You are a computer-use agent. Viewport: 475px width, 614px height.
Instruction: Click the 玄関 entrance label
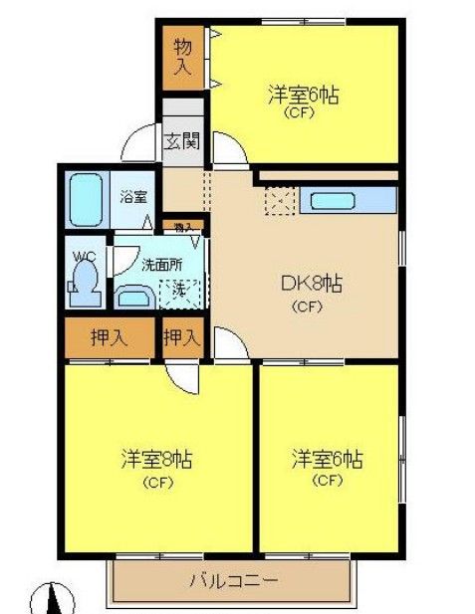pyautogui.click(x=181, y=140)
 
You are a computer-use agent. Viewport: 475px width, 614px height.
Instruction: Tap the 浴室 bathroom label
pyautogui.click(x=131, y=195)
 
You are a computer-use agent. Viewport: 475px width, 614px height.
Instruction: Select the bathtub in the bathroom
pyautogui.click(x=88, y=202)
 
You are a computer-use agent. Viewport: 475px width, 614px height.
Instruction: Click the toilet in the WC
pyautogui.click(x=85, y=282)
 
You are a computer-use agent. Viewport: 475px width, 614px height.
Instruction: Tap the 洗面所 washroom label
pyautogui.click(x=160, y=265)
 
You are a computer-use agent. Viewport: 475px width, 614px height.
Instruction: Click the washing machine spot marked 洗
pyautogui.click(x=181, y=291)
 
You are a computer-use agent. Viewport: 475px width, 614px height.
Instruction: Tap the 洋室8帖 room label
pyautogui.click(x=156, y=461)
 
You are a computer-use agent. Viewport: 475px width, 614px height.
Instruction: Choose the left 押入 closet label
pyautogui.click(x=109, y=337)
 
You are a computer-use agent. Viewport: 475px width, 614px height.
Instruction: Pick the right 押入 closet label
pyautogui.click(x=182, y=337)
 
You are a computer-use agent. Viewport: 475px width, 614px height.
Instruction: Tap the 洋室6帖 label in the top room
pyautogui.click(x=302, y=96)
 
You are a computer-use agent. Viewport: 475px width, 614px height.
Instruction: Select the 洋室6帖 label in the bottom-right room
pyautogui.click(x=327, y=461)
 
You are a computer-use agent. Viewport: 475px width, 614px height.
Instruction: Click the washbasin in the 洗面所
pyautogui.click(x=130, y=296)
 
